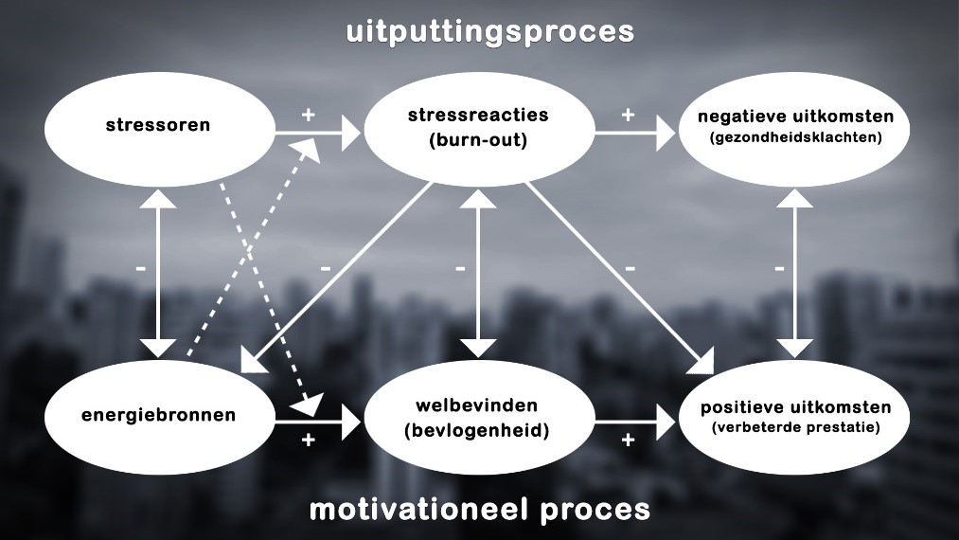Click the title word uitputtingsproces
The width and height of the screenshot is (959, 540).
(489, 32)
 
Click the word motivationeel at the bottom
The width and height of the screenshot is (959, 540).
(418, 510)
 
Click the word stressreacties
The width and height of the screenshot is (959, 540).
(478, 115)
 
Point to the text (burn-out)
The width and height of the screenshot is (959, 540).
(478, 140)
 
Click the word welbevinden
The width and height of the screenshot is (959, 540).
(477, 405)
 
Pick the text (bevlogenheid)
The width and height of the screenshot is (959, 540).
(477, 430)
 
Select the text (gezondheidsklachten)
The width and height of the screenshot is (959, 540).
(796, 137)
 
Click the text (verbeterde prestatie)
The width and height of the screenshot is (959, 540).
(796, 426)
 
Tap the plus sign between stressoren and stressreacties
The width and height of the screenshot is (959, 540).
(309, 115)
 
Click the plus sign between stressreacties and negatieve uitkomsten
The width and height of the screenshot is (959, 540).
(628, 115)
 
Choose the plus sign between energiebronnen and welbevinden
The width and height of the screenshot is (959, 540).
(309, 440)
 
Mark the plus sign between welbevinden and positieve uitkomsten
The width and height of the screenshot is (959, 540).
(628, 440)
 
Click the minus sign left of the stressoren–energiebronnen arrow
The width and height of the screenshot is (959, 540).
(141, 268)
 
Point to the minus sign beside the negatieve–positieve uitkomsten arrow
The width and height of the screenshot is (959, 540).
(779, 268)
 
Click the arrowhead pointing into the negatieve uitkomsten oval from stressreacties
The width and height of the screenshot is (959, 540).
(666, 133)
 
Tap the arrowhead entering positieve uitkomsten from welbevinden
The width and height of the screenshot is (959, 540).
(666, 423)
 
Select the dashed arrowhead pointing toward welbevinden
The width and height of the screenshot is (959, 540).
(308, 405)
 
